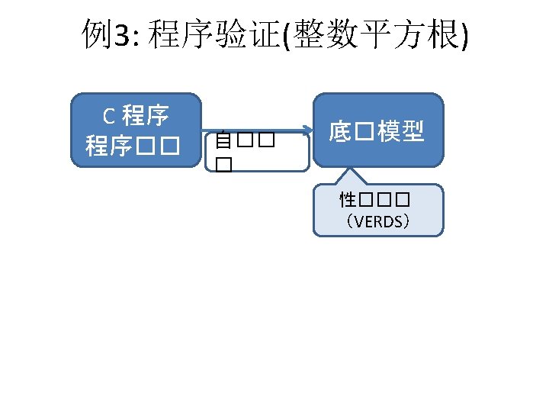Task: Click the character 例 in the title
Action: coord(96,36)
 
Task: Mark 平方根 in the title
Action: coord(408,36)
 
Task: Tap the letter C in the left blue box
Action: coord(109,117)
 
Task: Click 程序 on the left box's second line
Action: coord(109,146)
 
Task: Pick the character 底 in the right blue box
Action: coord(339,131)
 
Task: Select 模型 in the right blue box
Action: coord(401,131)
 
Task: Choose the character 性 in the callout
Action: coord(348,201)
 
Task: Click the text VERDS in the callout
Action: coord(378,222)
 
